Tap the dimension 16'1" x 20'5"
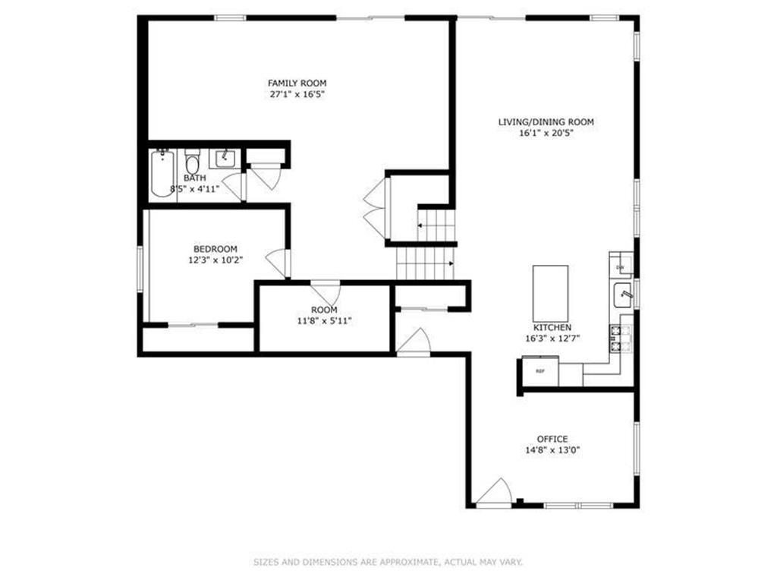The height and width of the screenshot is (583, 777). coord(546,133)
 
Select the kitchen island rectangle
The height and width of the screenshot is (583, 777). coord(550,293)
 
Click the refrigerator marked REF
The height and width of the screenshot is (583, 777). coord(540,372)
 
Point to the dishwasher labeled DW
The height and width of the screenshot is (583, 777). coord(620,266)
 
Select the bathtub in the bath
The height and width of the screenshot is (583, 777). coord(162,175)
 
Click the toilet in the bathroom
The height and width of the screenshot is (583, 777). coord(193,163)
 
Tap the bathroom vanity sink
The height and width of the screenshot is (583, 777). coord(225,159)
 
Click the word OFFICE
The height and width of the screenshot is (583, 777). coord(552,439)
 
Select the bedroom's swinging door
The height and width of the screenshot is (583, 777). coord(278,263)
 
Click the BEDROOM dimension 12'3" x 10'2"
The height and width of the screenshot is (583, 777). coord(215,260)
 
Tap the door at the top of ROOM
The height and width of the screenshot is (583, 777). coord(326,291)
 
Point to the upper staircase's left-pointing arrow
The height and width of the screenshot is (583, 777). coord(420,226)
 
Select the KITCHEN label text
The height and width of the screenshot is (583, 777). coord(552,327)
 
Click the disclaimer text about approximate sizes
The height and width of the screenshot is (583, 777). coord(388,563)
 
